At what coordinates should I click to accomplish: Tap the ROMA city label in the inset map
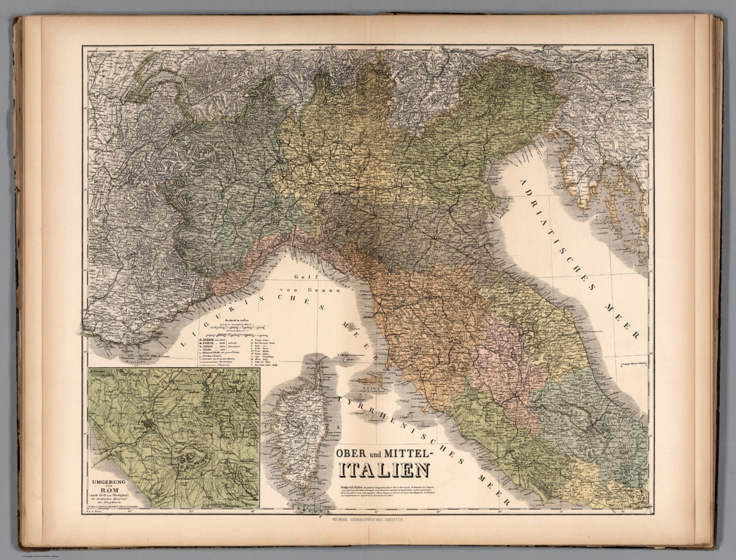[139, 423]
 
